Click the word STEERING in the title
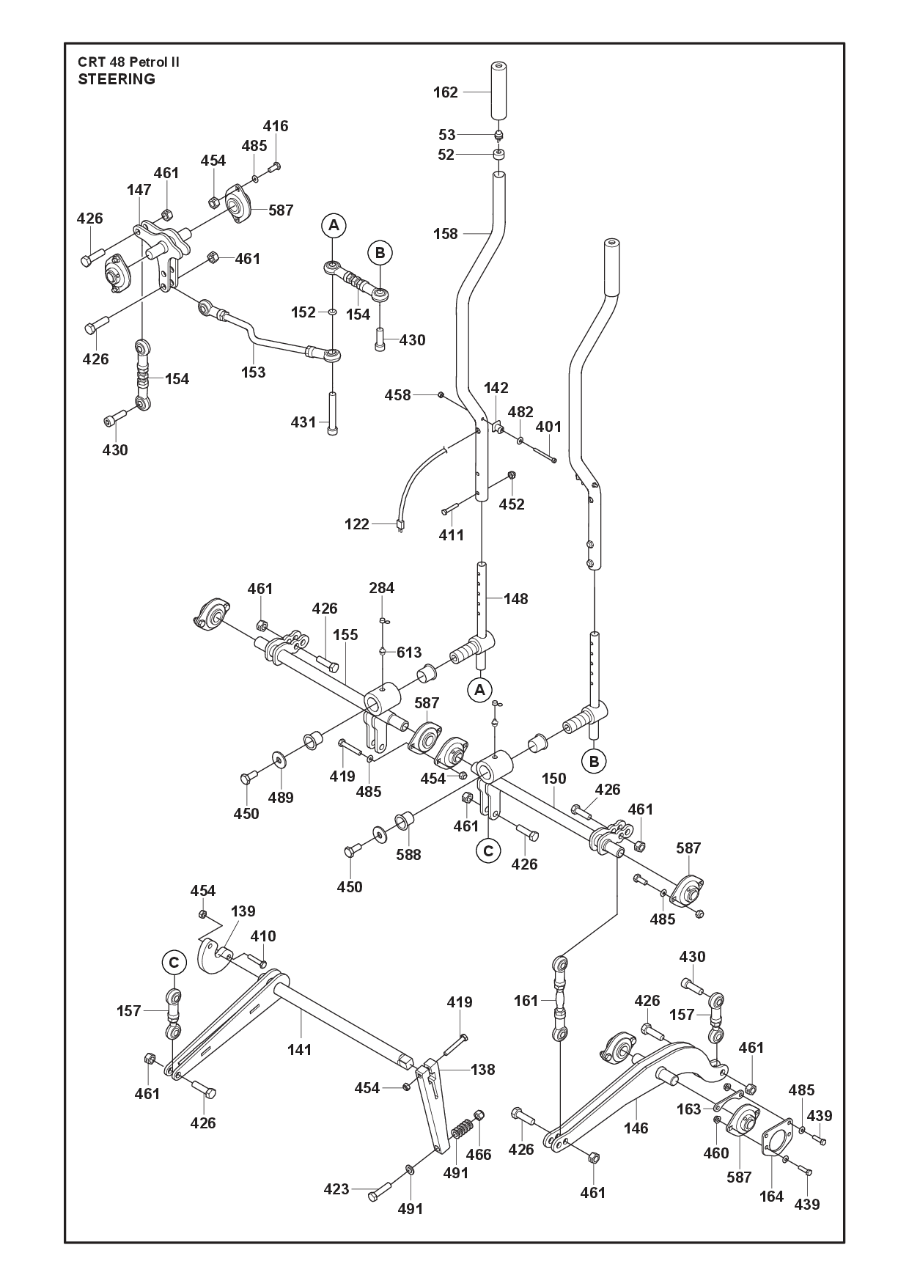(117, 79)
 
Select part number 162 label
(446, 92)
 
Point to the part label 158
(446, 234)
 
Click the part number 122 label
(357, 524)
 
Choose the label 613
(409, 653)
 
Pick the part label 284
(382, 588)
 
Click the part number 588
(408, 854)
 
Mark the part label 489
(280, 798)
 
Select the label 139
(243, 911)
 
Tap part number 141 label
(300, 1050)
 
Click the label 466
(479, 1155)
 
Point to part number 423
(336, 1189)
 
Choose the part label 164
(771, 1197)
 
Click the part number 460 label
(716, 1153)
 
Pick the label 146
(636, 1128)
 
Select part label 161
(526, 1001)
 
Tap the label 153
(254, 372)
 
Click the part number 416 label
(276, 126)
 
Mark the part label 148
(516, 599)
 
